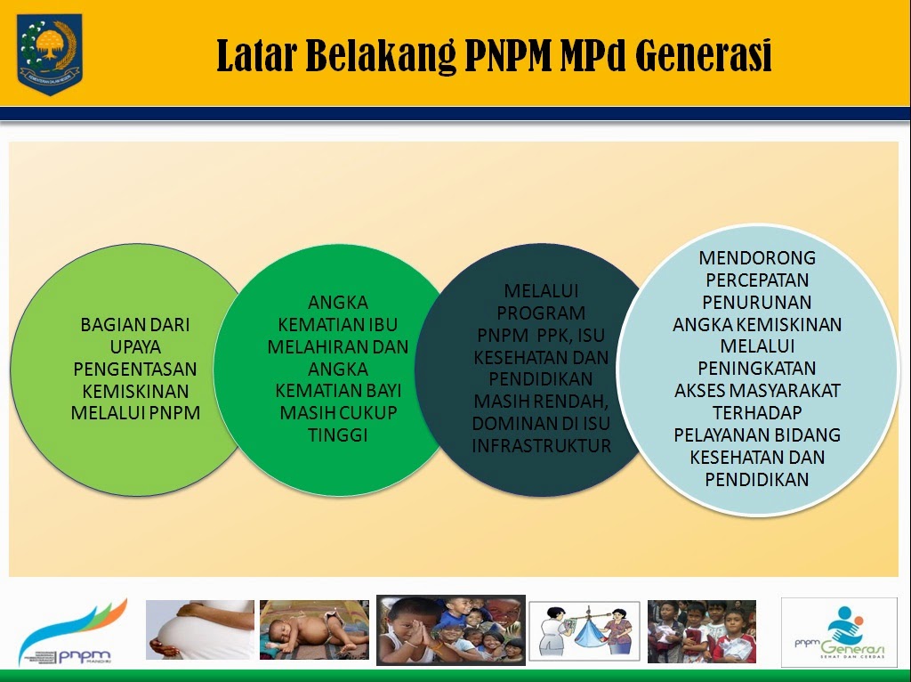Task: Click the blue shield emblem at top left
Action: coord(50,53)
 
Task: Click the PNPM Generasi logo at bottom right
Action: coord(839,631)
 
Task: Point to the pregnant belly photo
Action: coord(200,629)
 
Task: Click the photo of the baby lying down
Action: coord(314,629)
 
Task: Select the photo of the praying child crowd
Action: coord(450,630)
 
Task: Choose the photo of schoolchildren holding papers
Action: coord(702,631)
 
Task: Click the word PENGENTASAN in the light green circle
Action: coord(135,369)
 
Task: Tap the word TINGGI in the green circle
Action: coord(337,435)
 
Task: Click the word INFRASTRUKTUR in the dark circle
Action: coord(542,445)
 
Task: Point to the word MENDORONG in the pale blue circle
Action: coord(756,258)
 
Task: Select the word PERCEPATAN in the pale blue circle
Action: coord(756,280)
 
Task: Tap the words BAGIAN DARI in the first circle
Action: coord(135,325)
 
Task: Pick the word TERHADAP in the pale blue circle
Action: coord(756,413)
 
